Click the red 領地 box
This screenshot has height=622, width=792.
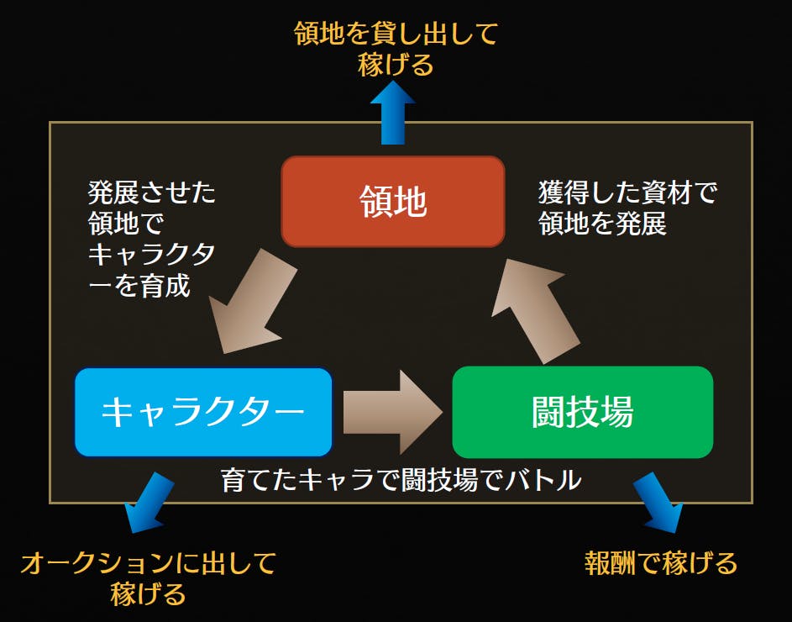tap(393, 202)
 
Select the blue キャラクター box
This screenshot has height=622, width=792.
tap(203, 412)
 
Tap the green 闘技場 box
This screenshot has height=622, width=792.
tap(582, 412)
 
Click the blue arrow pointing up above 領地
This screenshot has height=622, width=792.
tap(393, 113)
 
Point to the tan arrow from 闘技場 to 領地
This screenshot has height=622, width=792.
tap(538, 307)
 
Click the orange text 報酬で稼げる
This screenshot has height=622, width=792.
tap(660, 562)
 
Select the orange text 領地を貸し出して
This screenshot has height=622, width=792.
tap(396, 35)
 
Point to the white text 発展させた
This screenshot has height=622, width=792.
tap(152, 193)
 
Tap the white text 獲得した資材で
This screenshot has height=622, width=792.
tap(627, 193)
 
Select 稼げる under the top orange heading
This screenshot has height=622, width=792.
tap(396, 66)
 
